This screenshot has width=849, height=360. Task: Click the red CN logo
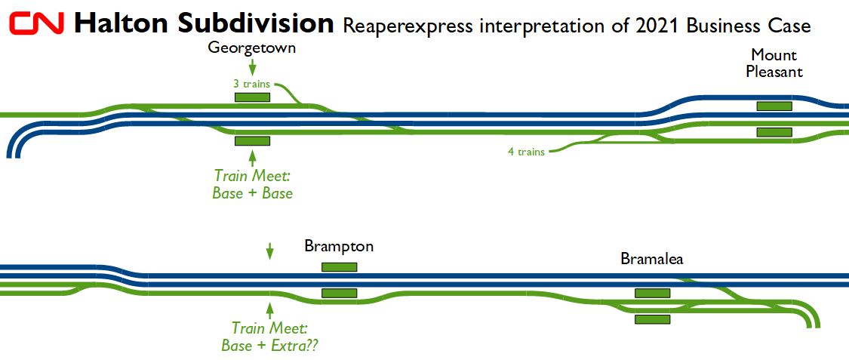(x=38, y=24)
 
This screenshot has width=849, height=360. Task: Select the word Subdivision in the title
(x=256, y=23)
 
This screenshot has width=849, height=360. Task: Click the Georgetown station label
(x=252, y=48)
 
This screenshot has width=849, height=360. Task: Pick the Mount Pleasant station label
(x=774, y=63)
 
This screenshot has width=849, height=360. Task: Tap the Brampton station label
(x=339, y=246)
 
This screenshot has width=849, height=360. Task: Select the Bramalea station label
(x=652, y=259)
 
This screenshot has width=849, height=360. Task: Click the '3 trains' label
(x=251, y=84)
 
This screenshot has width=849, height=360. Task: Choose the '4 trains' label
(x=526, y=152)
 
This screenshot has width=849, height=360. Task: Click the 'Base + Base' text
(x=253, y=193)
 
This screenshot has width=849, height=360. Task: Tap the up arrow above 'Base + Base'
(x=252, y=157)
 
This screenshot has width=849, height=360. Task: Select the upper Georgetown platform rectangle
(x=252, y=97)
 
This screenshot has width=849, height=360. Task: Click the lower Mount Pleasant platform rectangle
(x=774, y=132)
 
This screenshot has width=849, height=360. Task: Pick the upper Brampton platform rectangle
(x=339, y=266)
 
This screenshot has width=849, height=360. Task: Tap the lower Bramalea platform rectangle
(x=652, y=319)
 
